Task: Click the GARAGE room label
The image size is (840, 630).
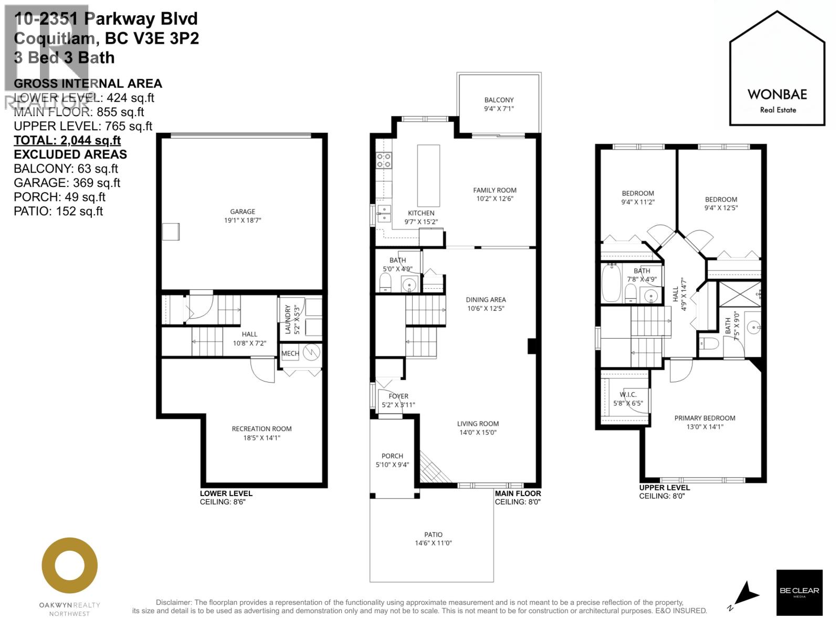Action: pos(243,212)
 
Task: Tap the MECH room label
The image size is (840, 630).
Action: pos(290,353)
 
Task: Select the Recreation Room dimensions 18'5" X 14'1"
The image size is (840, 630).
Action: pos(261,437)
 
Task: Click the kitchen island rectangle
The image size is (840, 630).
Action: pos(428,175)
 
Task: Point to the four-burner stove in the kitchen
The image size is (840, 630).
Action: pos(384,160)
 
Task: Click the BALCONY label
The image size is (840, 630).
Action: pos(499,100)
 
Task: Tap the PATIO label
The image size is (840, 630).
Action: pos(433,534)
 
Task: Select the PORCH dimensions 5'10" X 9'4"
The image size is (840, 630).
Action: pos(392,465)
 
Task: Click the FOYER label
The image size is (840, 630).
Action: pos(398,396)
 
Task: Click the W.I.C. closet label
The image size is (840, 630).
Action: pos(628,395)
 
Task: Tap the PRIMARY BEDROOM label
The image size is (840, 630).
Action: pos(705,418)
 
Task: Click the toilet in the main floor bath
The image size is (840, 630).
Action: pos(385,283)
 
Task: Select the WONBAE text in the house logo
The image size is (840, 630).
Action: pos(777,94)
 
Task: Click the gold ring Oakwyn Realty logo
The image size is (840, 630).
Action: pos(69,565)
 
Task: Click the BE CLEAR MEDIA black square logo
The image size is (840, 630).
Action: pos(799,592)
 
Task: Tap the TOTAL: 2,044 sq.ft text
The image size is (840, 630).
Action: pos(67,140)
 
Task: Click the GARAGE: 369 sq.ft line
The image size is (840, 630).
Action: pos(67,183)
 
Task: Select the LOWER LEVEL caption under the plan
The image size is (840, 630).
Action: pos(226,493)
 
